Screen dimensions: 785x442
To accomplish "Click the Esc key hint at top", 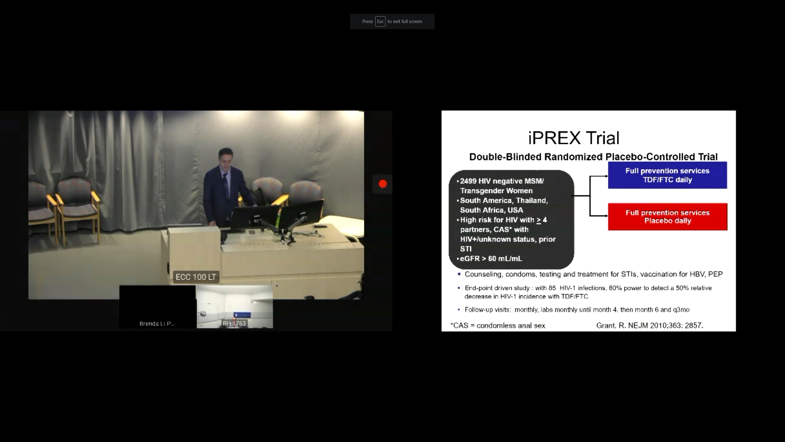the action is click(x=380, y=21).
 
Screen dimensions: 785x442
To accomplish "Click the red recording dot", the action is click(x=383, y=184).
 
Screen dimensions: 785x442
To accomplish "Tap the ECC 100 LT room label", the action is click(x=196, y=277).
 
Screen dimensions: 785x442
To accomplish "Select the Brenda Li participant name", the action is click(x=157, y=324).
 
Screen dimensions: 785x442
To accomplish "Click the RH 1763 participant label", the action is click(x=234, y=323).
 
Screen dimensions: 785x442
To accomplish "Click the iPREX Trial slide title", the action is click(x=574, y=138).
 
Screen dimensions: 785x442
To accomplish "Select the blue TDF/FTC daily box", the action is click(x=668, y=175).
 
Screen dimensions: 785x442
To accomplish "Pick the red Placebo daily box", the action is click(x=668, y=217).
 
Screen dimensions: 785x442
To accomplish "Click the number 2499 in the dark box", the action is click(x=468, y=181).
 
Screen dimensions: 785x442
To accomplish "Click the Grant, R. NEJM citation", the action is click(x=649, y=325).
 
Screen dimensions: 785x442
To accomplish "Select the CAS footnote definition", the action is click(x=498, y=325).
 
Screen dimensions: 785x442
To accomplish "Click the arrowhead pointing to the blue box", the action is click(x=606, y=176).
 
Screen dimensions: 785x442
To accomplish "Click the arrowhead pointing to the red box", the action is click(x=606, y=216).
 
